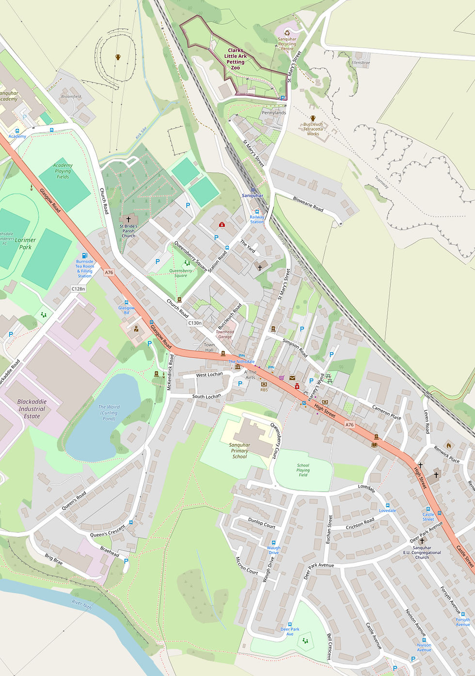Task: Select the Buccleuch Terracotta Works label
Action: [x=313, y=129]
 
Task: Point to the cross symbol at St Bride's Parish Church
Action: [x=128, y=219]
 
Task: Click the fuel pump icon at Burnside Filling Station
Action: [x=85, y=255]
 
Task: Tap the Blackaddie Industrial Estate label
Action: [x=32, y=409]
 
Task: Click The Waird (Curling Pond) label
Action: [x=109, y=412]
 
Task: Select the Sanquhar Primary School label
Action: [x=239, y=450]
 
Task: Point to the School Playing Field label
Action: [x=303, y=470]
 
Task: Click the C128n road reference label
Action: [x=78, y=289]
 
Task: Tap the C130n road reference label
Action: [x=195, y=323]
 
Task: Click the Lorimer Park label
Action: [x=25, y=243]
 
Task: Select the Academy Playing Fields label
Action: [x=63, y=171]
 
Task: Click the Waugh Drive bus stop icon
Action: [x=273, y=542]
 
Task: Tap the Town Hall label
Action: [x=209, y=347]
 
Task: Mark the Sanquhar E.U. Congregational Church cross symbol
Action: [x=422, y=541]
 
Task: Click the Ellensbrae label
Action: [x=361, y=63]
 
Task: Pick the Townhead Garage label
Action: [x=225, y=334]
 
